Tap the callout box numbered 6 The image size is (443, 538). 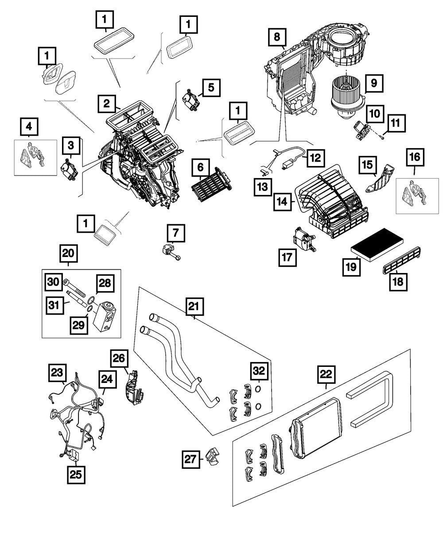coord(200,168)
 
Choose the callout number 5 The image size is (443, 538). coord(211,87)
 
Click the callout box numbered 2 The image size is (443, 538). coord(107,104)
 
